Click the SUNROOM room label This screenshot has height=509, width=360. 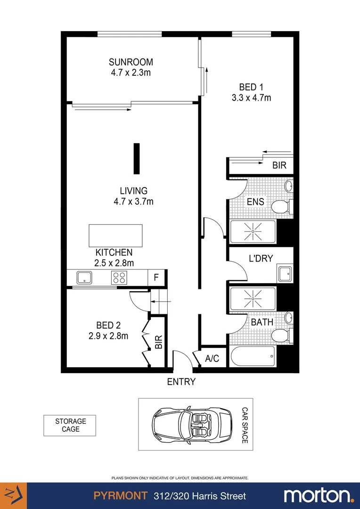[131, 62]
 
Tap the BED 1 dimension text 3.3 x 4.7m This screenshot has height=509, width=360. [251, 98]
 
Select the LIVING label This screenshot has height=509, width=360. [133, 191]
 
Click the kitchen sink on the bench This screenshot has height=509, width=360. [84, 277]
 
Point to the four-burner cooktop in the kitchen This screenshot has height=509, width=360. [119, 277]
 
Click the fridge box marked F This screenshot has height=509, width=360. [156, 278]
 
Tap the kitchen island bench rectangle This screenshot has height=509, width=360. [115, 235]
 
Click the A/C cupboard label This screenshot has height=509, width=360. [212, 359]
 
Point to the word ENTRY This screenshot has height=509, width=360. [181, 382]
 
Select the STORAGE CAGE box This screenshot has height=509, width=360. [70, 425]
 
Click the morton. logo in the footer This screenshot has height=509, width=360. [319, 495]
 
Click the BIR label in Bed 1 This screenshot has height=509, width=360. [279, 166]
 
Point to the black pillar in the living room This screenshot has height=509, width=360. [137, 159]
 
